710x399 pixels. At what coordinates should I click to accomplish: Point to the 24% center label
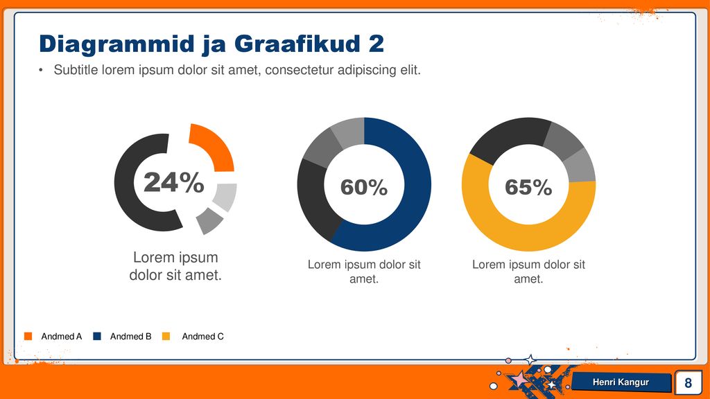click(174, 182)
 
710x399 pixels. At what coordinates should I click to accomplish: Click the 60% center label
click(364, 187)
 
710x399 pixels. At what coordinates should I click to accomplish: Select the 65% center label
click(528, 187)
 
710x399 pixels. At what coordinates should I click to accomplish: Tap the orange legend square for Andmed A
click(28, 336)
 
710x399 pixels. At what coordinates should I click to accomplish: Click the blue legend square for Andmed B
click(97, 336)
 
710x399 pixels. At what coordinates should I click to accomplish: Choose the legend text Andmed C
click(203, 337)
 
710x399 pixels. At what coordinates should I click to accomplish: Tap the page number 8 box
click(688, 382)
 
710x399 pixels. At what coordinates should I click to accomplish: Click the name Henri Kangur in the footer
click(621, 382)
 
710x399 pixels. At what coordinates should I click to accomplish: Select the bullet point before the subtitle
click(41, 70)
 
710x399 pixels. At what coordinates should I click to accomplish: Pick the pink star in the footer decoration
click(519, 378)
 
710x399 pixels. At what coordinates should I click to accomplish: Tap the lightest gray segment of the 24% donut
click(226, 196)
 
